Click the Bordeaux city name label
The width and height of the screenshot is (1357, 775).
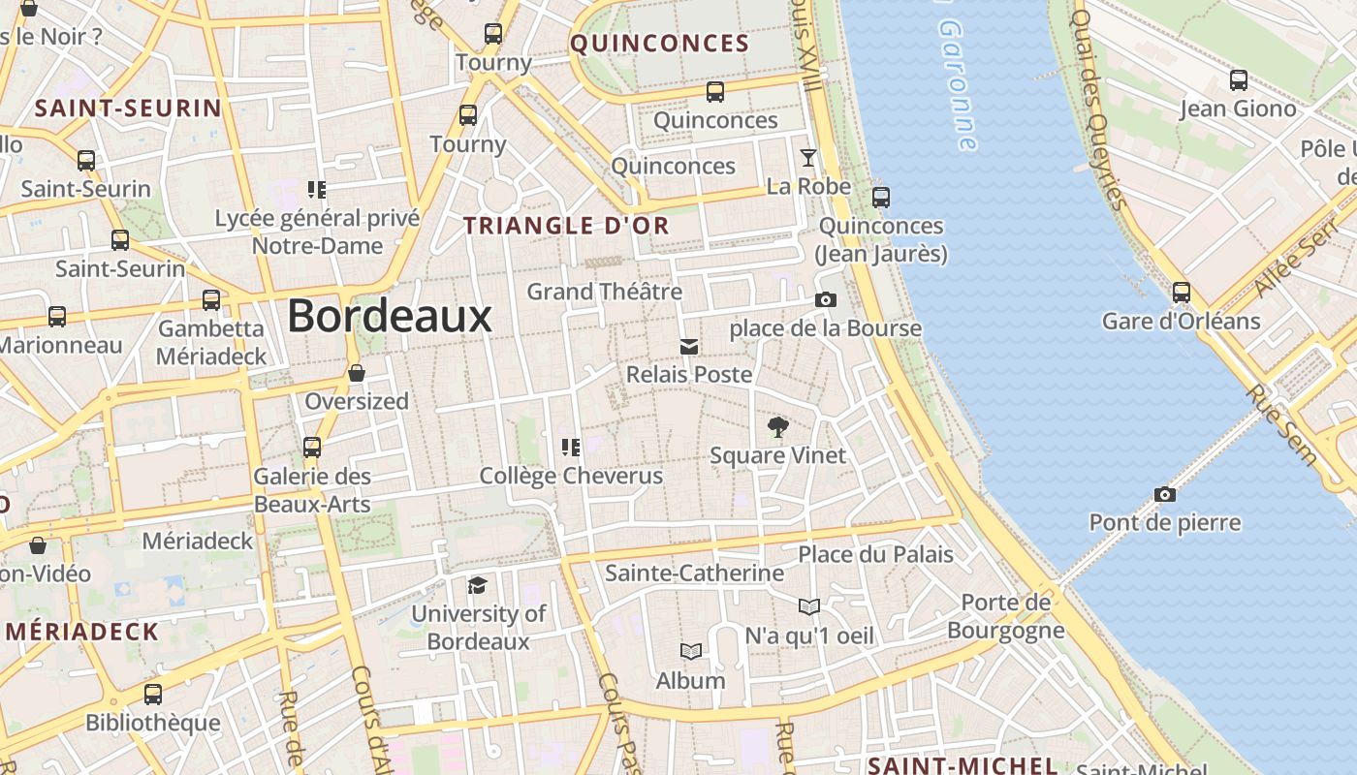pyautogui.click(x=390, y=316)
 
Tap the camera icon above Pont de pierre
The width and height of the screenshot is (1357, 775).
pyautogui.click(x=1165, y=494)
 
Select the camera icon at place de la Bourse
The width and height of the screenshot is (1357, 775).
pyautogui.click(x=825, y=300)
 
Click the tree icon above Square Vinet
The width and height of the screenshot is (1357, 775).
pyautogui.click(x=777, y=426)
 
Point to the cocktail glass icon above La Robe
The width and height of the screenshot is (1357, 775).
pyautogui.click(x=808, y=157)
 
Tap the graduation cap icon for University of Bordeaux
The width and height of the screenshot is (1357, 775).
pyautogui.click(x=477, y=585)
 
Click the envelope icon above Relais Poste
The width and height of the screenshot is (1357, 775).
pyautogui.click(x=689, y=346)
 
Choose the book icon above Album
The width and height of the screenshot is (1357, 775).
pyautogui.click(x=690, y=651)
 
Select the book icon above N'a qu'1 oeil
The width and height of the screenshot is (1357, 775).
pyautogui.click(x=809, y=606)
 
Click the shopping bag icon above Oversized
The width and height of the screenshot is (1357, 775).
pyautogui.click(x=357, y=373)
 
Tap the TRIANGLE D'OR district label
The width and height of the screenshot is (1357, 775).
pyautogui.click(x=566, y=226)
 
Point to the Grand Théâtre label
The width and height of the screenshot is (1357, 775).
pyautogui.click(x=604, y=291)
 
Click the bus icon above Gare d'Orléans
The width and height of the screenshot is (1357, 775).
pyautogui.click(x=1181, y=292)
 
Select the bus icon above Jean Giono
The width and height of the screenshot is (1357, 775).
pyautogui.click(x=1238, y=79)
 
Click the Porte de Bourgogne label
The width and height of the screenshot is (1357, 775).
pyautogui.click(x=1005, y=617)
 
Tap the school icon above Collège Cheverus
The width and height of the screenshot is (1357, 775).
pyautogui.click(x=571, y=447)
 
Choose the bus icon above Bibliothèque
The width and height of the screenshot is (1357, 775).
pyautogui.click(x=153, y=694)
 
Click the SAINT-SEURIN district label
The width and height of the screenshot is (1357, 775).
pyautogui.click(x=128, y=108)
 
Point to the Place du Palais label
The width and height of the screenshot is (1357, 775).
pyautogui.click(x=875, y=554)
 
